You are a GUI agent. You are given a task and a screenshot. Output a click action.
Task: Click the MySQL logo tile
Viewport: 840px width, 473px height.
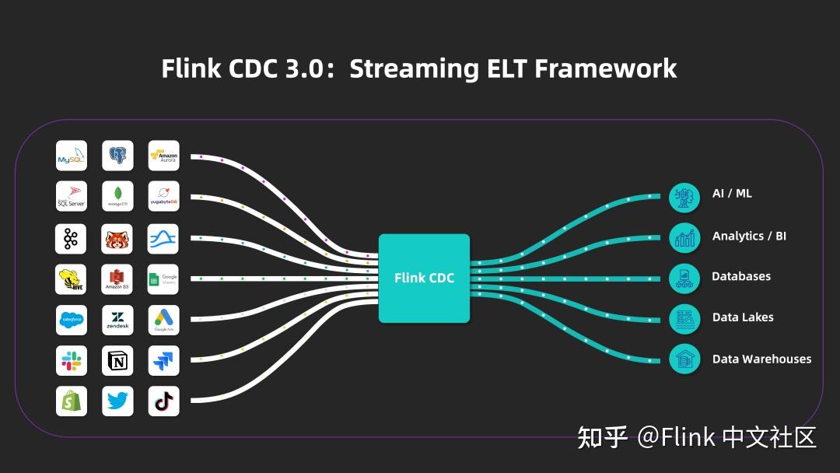click(71, 156)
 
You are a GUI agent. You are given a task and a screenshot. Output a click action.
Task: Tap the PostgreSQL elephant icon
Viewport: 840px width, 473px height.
click(117, 156)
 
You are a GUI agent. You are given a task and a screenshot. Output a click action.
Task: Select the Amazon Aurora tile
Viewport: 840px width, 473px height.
click(163, 156)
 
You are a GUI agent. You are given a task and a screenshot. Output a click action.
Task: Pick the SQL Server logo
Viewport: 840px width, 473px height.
click(71, 197)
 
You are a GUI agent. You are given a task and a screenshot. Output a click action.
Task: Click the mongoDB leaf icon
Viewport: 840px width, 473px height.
click(117, 197)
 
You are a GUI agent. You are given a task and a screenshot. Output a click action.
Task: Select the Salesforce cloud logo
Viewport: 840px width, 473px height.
click(71, 320)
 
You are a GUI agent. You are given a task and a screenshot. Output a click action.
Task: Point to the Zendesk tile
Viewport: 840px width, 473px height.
click(117, 320)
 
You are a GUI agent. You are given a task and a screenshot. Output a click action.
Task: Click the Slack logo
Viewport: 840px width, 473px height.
click(71, 361)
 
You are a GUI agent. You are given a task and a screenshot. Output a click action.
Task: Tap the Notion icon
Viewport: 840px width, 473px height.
click(117, 361)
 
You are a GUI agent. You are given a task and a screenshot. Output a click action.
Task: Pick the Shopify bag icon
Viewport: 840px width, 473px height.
click(71, 401)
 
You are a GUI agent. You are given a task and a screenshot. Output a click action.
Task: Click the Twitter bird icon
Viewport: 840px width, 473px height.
click(117, 401)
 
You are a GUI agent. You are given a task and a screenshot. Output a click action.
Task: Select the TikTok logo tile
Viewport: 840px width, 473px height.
click(163, 401)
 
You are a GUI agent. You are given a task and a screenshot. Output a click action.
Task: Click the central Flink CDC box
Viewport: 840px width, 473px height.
click(424, 278)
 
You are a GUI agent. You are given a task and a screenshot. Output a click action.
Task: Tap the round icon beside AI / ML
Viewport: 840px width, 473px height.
click(684, 197)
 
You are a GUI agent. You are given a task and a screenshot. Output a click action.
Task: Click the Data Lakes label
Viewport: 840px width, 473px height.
click(743, 317)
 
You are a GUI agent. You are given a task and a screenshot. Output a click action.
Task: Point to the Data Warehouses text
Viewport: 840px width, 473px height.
click(761, 359)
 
